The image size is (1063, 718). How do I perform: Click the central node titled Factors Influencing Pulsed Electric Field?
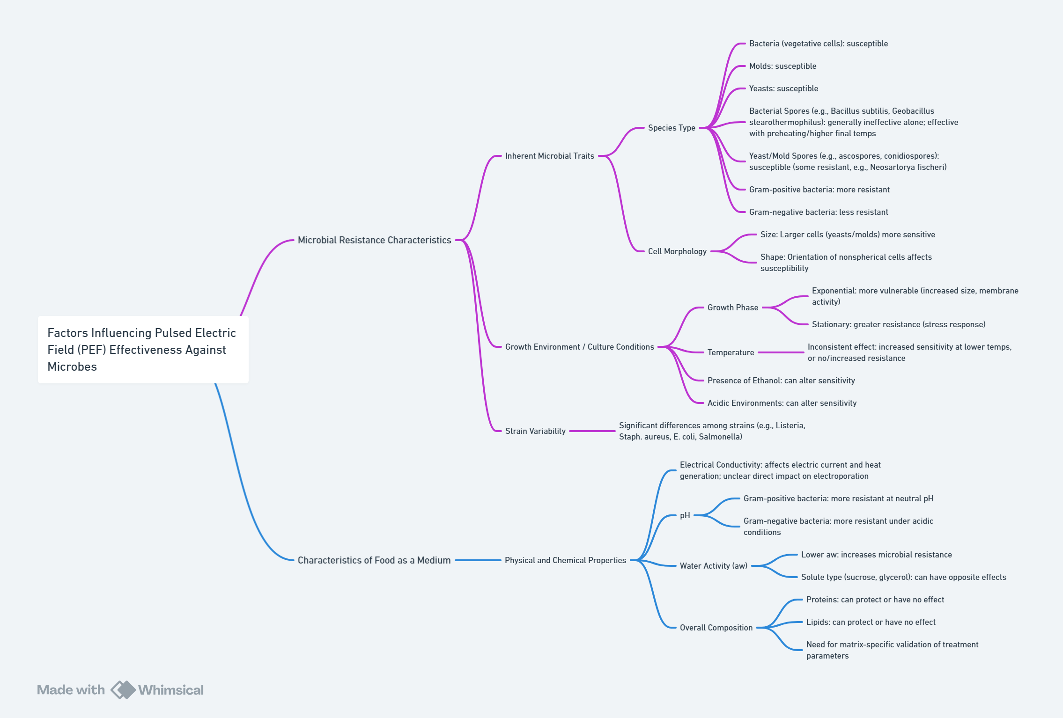click(x=143, y=350)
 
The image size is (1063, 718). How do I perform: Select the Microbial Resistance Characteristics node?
click(x=374, y=240)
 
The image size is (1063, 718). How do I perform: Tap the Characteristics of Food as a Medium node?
click(x=374, y=560)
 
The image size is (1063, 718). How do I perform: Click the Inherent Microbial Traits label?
click(x=549, y=156)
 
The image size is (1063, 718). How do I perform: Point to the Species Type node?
click(x=671, y=128)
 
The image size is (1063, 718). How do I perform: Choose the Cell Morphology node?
click(x=677, y=251)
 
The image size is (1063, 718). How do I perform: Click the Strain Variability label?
click(x=535, y=431)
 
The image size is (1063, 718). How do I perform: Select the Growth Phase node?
click(x=732, y=308)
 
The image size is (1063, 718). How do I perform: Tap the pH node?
click(x=685, y=515)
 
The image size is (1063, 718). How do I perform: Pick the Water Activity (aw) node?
click(x=713, y=566)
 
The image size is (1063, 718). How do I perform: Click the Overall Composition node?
click(x=716, y=628)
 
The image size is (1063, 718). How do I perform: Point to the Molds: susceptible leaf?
click(x=782, y=66)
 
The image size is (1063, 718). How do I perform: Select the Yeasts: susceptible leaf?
click(x=783, y=88)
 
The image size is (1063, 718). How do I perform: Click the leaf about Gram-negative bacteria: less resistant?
click(x=818, y=212)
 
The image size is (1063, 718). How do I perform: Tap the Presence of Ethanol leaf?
click(x=781, y=381)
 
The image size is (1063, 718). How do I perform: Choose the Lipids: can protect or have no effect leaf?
click(x=871, y=622)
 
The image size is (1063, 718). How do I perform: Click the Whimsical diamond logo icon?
click(x=123, y=690)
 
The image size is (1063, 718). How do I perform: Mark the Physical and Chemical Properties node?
click(x=565, y=560)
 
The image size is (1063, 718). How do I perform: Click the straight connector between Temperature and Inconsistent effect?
click(x=781, y=352)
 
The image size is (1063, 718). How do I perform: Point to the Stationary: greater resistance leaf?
click(x=898, y=324)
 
